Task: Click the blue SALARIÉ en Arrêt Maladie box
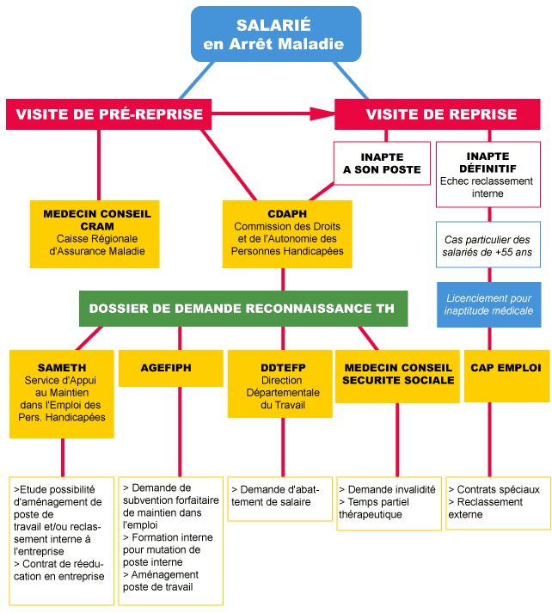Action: (x=275, y=34)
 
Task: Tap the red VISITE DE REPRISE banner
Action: (x=441, y=113)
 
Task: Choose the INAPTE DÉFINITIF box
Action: (x=488, y=175)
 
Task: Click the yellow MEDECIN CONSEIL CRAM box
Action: (x=95, y=232)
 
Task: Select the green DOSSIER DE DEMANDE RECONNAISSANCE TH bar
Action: (x=242, y=308)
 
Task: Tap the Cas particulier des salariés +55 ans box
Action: (x=488, y=245)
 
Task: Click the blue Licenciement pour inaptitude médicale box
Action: (x=488, y=304)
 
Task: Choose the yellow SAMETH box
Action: (x=62, y=392)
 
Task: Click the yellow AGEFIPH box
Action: (x=165, y=368)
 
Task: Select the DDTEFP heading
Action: (x=281, y=368)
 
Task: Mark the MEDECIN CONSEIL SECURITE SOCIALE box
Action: (x=397, y=374)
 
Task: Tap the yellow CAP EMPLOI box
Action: (x=506, y=368)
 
